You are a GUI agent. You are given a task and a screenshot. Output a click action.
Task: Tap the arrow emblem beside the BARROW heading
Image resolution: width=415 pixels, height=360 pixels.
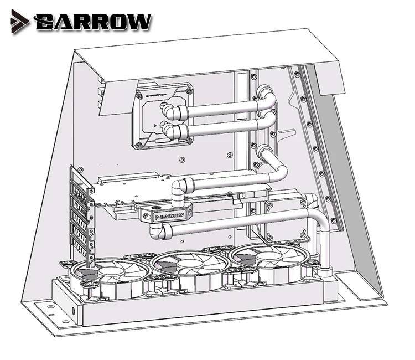(20, 22)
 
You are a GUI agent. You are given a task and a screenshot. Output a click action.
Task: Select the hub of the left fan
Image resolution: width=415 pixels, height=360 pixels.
(111, 272)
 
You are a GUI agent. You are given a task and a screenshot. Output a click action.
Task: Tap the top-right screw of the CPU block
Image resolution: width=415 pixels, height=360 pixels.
(189, 91)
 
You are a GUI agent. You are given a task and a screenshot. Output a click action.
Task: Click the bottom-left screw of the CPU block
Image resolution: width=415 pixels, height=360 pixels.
(139, 145)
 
